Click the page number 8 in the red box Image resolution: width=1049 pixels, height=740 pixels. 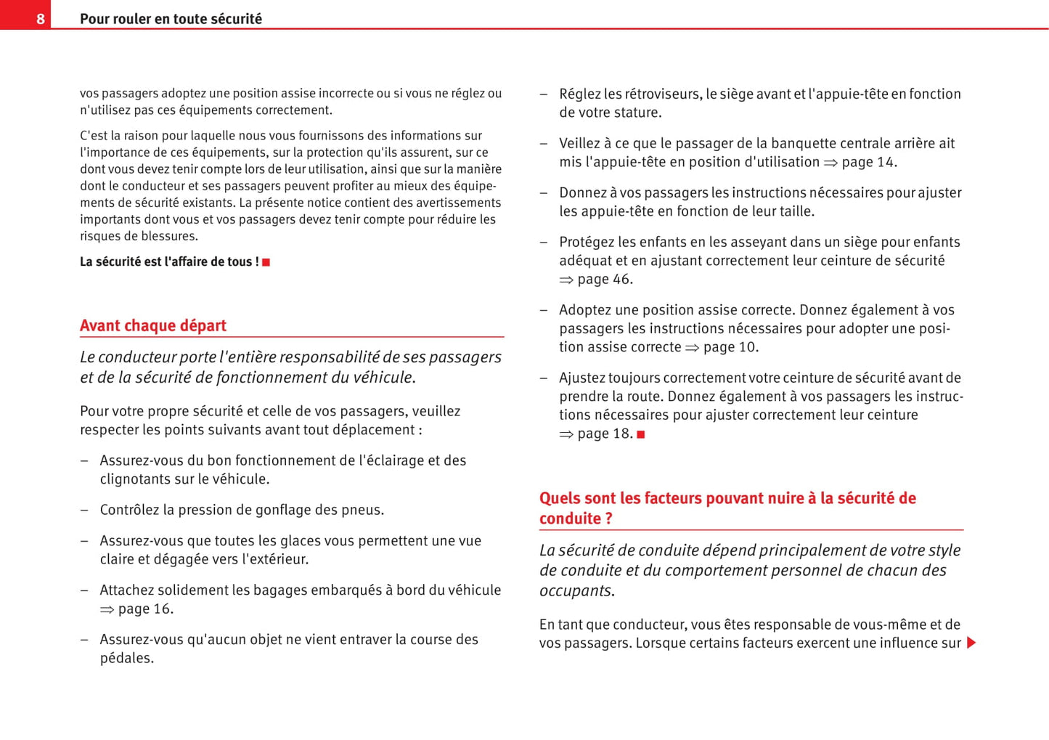click(x=41, y=19)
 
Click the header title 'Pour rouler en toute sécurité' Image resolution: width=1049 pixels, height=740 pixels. click(x=171, y=19)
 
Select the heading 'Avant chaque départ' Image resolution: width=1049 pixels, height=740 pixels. click(x=153, y=325)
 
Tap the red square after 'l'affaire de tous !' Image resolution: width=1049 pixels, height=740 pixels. click(x=266, y=262)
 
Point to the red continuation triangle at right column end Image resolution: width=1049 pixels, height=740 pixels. click(x=971, y=643)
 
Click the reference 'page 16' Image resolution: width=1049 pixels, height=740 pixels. click(x=144, y=609)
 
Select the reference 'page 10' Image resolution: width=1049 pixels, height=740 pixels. click(x=730, y=347)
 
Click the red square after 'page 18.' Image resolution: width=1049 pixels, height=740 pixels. click(x=641, y=434)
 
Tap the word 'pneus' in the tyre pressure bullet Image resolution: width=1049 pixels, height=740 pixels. click(x=364, y=510)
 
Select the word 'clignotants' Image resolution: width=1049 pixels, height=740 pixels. click(x=138, y=479)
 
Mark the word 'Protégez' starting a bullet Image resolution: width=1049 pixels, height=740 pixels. click(x=587, y=242)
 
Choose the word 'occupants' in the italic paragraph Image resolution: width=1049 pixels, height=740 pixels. click(x=575, y=590)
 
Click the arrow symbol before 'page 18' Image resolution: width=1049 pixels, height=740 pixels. click(x=566, y=434)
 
